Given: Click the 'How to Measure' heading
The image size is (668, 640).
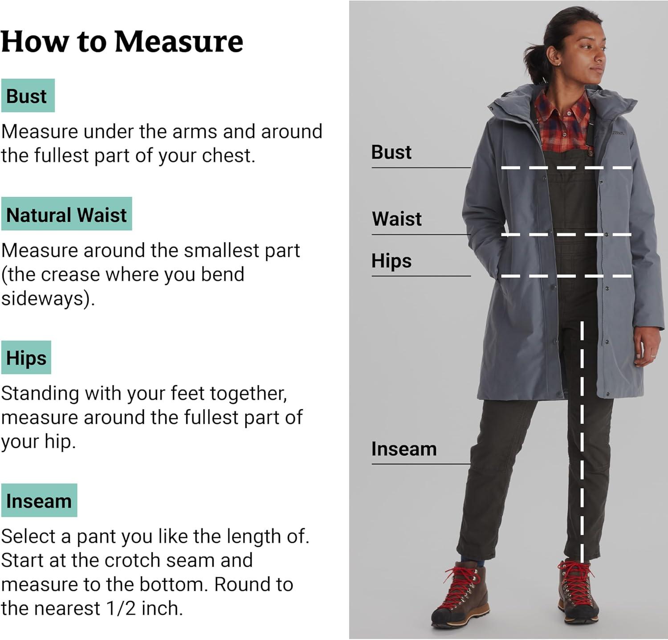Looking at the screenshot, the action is coord(122,41).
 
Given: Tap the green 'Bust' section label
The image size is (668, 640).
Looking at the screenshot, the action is coord(28,96).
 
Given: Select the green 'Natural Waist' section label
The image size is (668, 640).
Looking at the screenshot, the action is coord(66,214).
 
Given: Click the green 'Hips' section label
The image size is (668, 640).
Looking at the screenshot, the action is coord(26,358).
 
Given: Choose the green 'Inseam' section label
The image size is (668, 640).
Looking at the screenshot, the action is coord(39,501).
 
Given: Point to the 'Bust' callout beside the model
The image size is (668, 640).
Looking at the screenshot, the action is coord(391,152).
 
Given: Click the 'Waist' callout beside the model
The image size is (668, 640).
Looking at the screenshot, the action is coord(397,219).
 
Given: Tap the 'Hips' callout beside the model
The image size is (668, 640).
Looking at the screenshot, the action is coord(391,261).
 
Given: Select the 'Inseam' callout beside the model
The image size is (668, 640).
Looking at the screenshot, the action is coord(404,449).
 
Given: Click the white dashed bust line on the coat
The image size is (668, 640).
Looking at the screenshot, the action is coord(566,168).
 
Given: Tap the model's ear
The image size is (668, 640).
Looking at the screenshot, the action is coord(554,57).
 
